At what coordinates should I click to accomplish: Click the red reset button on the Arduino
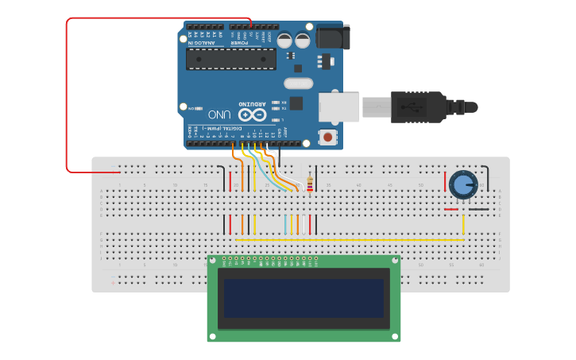coord(327,137)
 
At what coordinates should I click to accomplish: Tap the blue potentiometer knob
coord(462,185)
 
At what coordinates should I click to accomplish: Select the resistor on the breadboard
coord(308,185)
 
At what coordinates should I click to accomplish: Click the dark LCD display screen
coord(303,297)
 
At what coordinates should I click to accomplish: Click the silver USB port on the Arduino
coord(339,106)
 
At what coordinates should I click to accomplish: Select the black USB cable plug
coord(418,106)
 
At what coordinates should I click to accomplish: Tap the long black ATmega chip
coord(231,58)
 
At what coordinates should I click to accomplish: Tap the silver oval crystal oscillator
coord(299,83)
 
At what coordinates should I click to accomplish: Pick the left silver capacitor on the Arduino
coord(284,40)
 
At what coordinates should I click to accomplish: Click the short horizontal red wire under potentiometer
coord(451,210)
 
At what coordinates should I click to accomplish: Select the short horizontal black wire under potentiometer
coord(478,210)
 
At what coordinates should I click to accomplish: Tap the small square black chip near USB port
coord(296,103)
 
